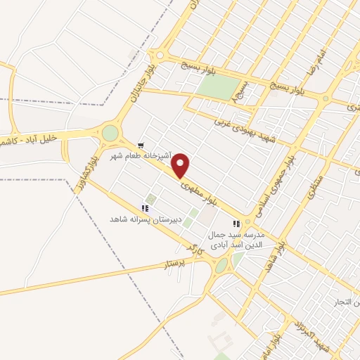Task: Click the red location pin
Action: coord(181,165)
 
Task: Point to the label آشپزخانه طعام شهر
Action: coord(138,155)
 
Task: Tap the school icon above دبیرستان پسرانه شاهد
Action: coord(145,208)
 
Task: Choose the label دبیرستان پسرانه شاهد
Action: coord(145,219)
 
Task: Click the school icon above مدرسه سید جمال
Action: coord(237,224)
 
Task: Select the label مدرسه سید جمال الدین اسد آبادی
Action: coord(237,239)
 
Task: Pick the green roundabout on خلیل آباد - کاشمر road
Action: coord(110,133)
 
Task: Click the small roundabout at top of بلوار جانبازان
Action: coord(160,56)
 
